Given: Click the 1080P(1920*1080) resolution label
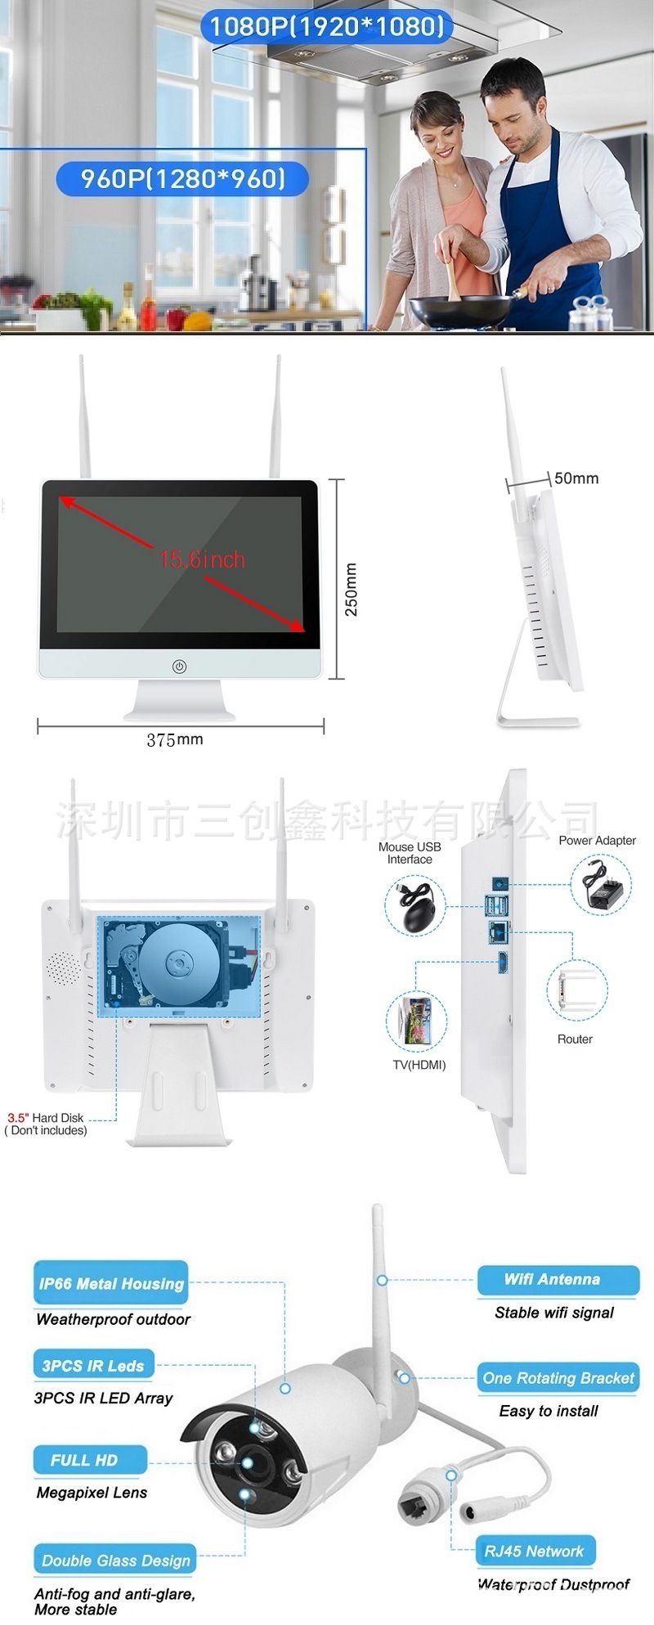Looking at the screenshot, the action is [x=327, y=26].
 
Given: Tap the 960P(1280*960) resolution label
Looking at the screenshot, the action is [x=183, y=178].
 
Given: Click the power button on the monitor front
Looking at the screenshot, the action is [x=180, y=667].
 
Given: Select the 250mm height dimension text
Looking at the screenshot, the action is [x=351, y=590].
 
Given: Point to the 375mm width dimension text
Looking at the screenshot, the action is [x=175, y=739].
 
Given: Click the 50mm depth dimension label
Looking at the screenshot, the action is [x=576, y=478].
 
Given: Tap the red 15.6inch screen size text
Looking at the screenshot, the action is [x=202, y=560].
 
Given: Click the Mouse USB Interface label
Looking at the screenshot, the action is [x=410, y=853].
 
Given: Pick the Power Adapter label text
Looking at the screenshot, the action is [x=597, y=840].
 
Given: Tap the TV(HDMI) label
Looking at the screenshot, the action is [x=419, y=1065].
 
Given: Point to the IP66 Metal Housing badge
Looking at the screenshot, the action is [x=111, y=1283].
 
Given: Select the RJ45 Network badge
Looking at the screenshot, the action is [x=535, y=1551].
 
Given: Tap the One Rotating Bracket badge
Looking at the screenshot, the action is [x=558, y=1378].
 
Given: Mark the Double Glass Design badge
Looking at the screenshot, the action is [x=115, y=1560].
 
